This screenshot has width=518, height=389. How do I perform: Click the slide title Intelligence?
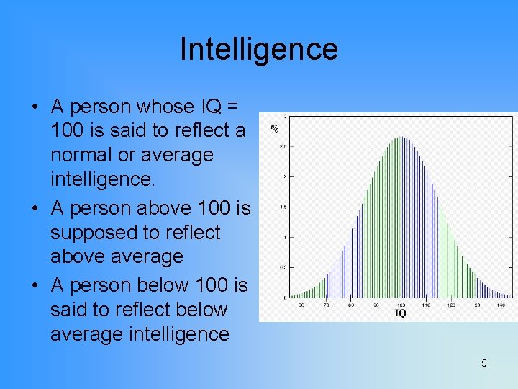[258, 49]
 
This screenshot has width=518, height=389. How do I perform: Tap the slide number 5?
[483, 363]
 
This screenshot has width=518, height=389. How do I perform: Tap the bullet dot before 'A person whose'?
[34, 107]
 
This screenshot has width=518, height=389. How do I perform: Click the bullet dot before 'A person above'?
[34, 209]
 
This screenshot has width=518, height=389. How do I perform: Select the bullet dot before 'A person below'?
[34, 286]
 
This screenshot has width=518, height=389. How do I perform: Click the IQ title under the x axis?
[400, 313]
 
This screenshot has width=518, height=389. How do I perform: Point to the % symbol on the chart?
[274, 129]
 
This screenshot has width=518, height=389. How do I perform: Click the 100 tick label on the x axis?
[401, 305]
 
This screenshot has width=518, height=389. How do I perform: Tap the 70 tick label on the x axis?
[326, 305]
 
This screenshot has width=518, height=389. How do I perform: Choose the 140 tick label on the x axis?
[500, 305]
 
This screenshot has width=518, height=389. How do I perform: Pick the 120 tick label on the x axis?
[450, 305]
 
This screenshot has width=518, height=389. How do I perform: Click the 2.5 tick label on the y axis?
[283, 146]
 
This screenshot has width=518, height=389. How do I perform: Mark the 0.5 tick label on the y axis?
[283, 267]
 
